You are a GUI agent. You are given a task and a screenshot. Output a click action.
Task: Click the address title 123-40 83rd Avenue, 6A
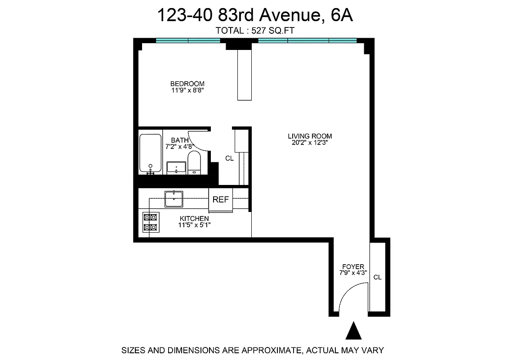pos(254,16)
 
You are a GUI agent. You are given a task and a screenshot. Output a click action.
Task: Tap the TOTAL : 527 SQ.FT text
pos(254,31)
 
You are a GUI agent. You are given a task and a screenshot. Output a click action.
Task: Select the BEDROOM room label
pos(187,84)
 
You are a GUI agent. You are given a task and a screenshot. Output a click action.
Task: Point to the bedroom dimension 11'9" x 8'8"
pos(187,90)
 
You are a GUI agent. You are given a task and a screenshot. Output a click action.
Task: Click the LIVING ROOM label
pos(310,136)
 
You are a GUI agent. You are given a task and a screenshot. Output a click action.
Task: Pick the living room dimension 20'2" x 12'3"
pos(310,143)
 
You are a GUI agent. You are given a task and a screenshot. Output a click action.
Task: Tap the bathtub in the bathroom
pos(150,153)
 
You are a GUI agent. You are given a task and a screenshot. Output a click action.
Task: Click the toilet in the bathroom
pos(194,162)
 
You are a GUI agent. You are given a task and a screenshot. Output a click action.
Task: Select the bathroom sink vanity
pos(176,167)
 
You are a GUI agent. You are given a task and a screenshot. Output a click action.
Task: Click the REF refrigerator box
pos(221,200)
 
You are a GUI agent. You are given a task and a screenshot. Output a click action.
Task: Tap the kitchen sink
pos(174,198)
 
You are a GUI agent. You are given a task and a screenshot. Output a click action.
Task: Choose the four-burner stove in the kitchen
pos(151,222)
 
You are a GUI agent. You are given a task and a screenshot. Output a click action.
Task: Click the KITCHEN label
pos(194,219)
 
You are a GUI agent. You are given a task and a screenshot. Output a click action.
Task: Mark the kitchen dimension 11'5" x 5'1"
pos(194,225)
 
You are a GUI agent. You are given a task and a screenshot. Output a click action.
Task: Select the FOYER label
pos(353,266)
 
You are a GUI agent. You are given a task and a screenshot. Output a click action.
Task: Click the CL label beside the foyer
pos(378,277)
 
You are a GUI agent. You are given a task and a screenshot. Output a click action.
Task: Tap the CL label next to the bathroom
pos(229,158)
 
